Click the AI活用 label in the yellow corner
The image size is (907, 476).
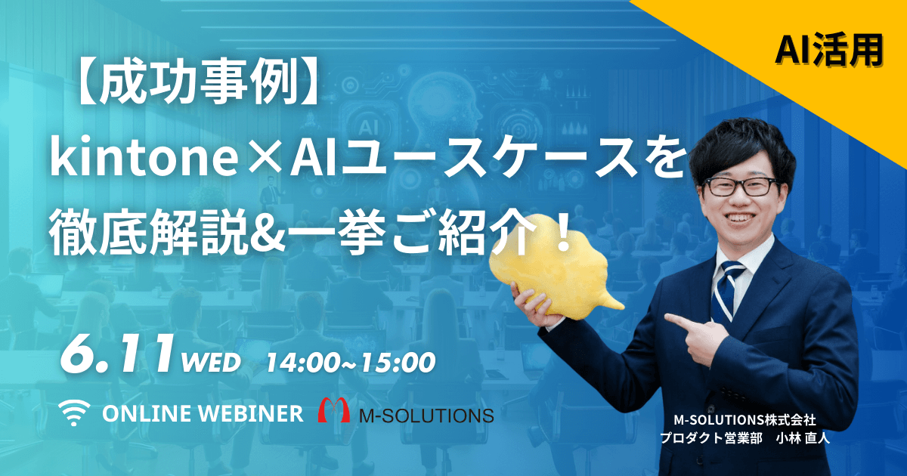coord(829,51)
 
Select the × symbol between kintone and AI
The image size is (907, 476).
coord(264,159)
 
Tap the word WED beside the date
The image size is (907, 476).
coord(211,362)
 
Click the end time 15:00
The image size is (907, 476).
coord(398,362)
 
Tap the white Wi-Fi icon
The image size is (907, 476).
coord(74,413)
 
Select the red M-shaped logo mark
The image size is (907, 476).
coord(333,410)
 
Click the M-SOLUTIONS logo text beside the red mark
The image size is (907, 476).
coord(427,416)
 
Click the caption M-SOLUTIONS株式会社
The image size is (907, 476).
coord(744,420)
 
